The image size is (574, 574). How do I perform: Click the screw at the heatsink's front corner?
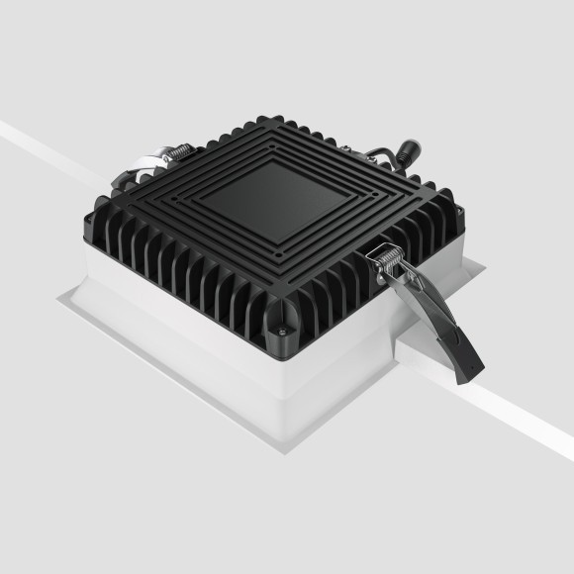pos(285,331)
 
